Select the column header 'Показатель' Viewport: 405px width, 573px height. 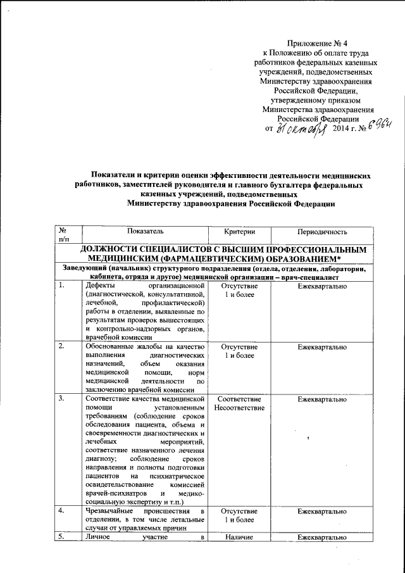coord(145,233)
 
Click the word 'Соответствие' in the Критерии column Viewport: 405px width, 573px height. coord(239,400)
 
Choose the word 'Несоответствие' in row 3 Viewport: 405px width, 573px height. coord(239,410)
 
